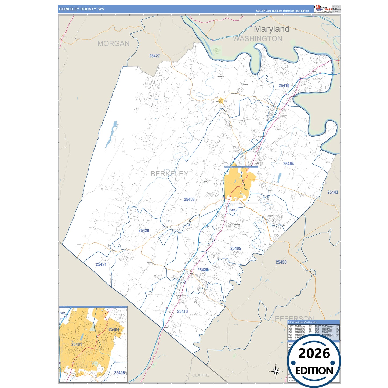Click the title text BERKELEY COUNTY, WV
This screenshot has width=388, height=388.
(x=82, y=9)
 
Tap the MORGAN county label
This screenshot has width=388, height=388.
(x=113, y=43)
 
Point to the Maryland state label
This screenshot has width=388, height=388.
(x=271, y=29)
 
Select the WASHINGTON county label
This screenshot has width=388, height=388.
(x=258, y=39)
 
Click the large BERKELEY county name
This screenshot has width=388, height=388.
(x=169, y=174)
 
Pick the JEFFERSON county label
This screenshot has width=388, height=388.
(x=292, y=319)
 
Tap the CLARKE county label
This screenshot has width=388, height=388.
(x=200, y=375)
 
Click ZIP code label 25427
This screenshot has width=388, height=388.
(x=154, y=56)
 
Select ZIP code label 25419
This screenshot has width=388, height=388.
(x=284, y=86)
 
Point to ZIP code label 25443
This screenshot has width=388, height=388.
(x=332, y=192)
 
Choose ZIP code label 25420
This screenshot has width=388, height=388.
(x=144, y=231)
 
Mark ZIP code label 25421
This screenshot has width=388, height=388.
(x=101, y=264)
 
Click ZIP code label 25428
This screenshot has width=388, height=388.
(x=203, y=270)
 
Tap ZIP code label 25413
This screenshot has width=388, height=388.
(x=182, y=311)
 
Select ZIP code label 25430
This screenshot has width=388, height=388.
(x=281, y=262)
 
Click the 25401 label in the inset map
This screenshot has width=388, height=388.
(x=77, y=344)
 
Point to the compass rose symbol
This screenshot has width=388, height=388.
(x=275, y=371)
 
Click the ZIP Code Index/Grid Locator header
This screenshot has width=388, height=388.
(x=302, y=322)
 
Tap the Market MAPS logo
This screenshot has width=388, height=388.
(x=323, y=9)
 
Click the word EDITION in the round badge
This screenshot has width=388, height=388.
(x=314, y=371)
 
